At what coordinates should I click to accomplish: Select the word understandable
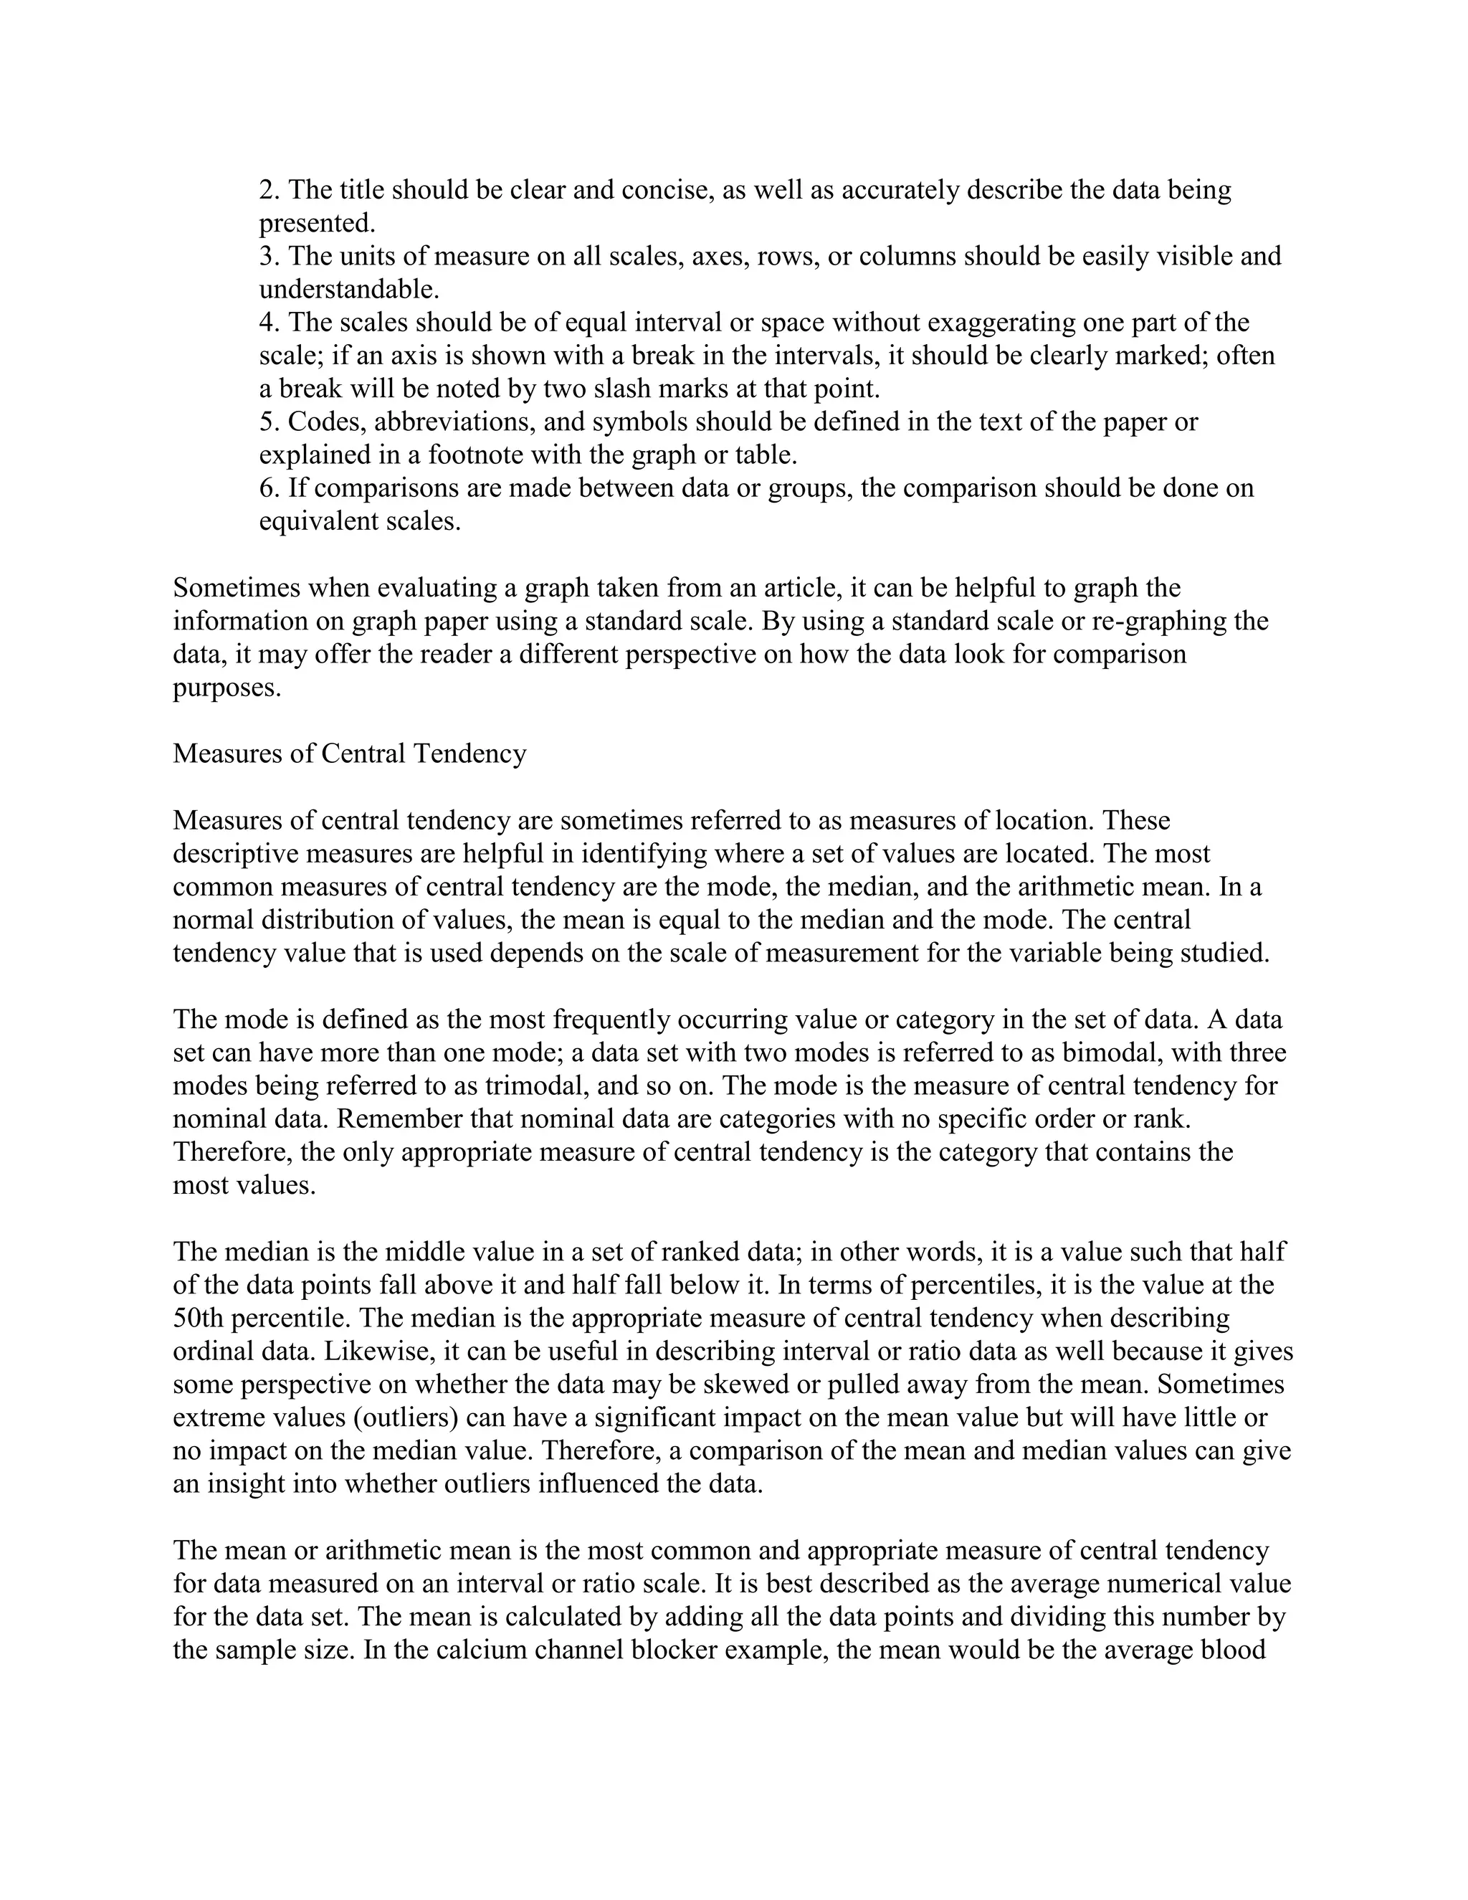(349, 289)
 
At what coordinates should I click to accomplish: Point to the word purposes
(227, 688)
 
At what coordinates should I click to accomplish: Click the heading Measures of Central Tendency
(350, 754)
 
